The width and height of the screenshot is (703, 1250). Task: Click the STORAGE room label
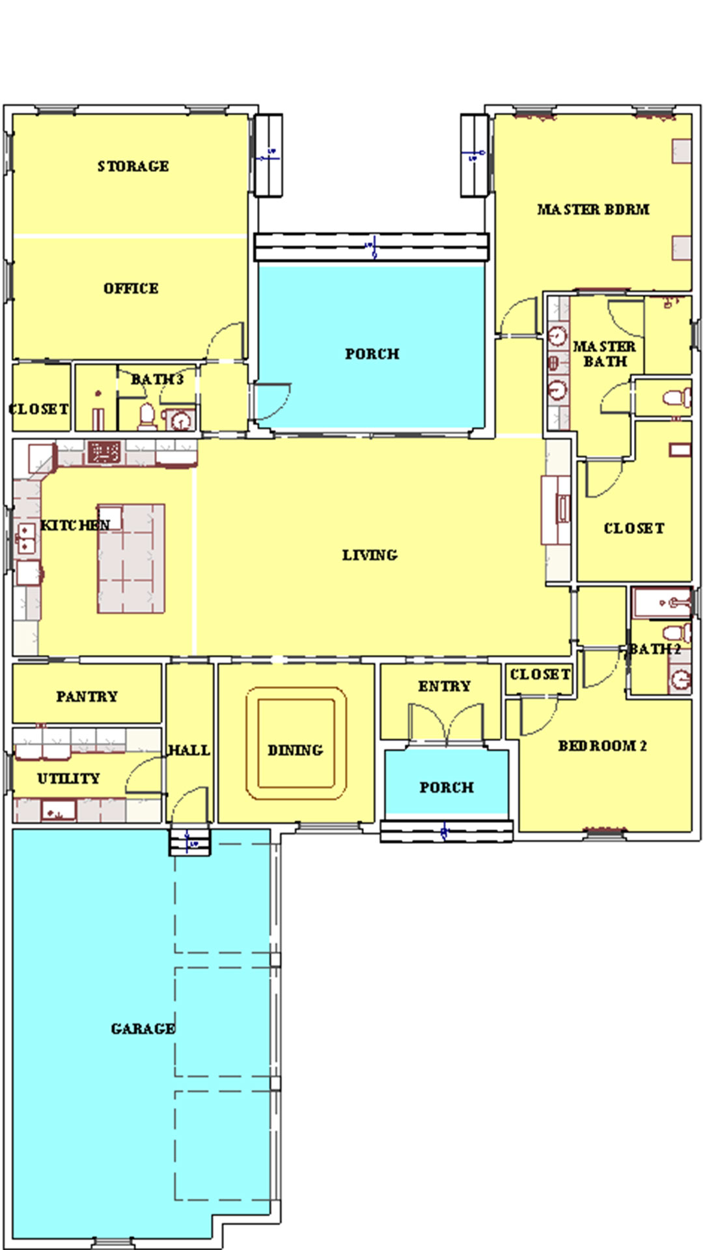click(133, 167)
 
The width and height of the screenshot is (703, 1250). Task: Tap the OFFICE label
click(131, 288)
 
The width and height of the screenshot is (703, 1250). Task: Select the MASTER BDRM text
click(593, 210)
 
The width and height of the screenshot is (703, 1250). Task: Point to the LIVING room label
click(370, 555)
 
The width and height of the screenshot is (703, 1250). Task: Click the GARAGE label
click(143, 1029)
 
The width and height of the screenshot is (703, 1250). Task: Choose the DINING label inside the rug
click(296, 750)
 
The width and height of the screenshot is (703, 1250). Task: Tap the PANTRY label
click(87, 697)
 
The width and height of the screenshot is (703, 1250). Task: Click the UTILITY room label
click(68, 779)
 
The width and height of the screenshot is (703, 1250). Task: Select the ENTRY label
click(445, 686)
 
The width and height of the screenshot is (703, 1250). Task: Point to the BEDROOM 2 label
click(603, 746)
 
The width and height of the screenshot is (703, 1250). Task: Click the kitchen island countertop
click(131, 559)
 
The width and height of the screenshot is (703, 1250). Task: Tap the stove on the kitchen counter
click(104, 451)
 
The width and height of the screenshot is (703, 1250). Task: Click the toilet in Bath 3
click(148, 417)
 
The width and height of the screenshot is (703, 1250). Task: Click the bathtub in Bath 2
click(662, 603)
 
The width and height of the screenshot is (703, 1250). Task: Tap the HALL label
click(189, 751)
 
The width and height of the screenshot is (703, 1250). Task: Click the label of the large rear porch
click(372, 354)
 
